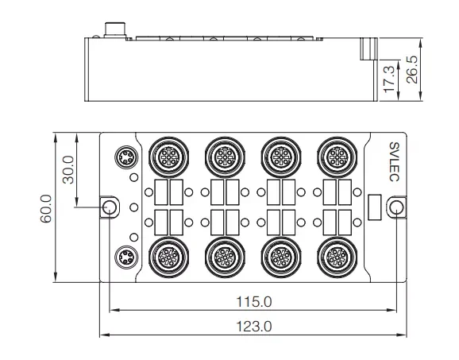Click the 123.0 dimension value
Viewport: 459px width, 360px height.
point(254,327)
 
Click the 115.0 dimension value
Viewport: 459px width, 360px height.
point(254,302)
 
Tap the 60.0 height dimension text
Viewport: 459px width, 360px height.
point(46,208)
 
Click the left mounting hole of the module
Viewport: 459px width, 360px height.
point(110,207)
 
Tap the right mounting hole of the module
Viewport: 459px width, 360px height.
point(395,207)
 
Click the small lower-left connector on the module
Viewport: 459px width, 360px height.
point(125,257)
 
